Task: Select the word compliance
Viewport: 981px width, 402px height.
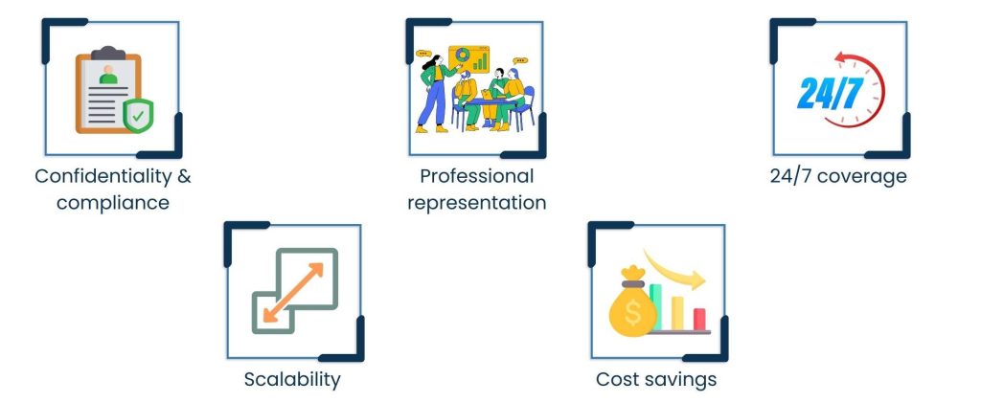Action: [112, 203]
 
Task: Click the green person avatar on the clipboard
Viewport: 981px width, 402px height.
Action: [108, 74]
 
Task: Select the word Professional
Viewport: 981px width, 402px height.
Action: [476, 177]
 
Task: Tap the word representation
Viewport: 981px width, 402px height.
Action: [476, 203]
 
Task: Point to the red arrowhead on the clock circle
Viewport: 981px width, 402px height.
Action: [840, 59]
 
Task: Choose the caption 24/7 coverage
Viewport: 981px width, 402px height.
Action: [838, 177]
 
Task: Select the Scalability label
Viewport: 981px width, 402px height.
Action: [292, 379]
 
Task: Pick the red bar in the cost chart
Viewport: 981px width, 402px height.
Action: [700, 318]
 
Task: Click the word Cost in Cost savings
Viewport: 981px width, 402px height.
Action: [617, 379]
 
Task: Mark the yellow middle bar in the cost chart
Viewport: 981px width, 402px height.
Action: [678, 311]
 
